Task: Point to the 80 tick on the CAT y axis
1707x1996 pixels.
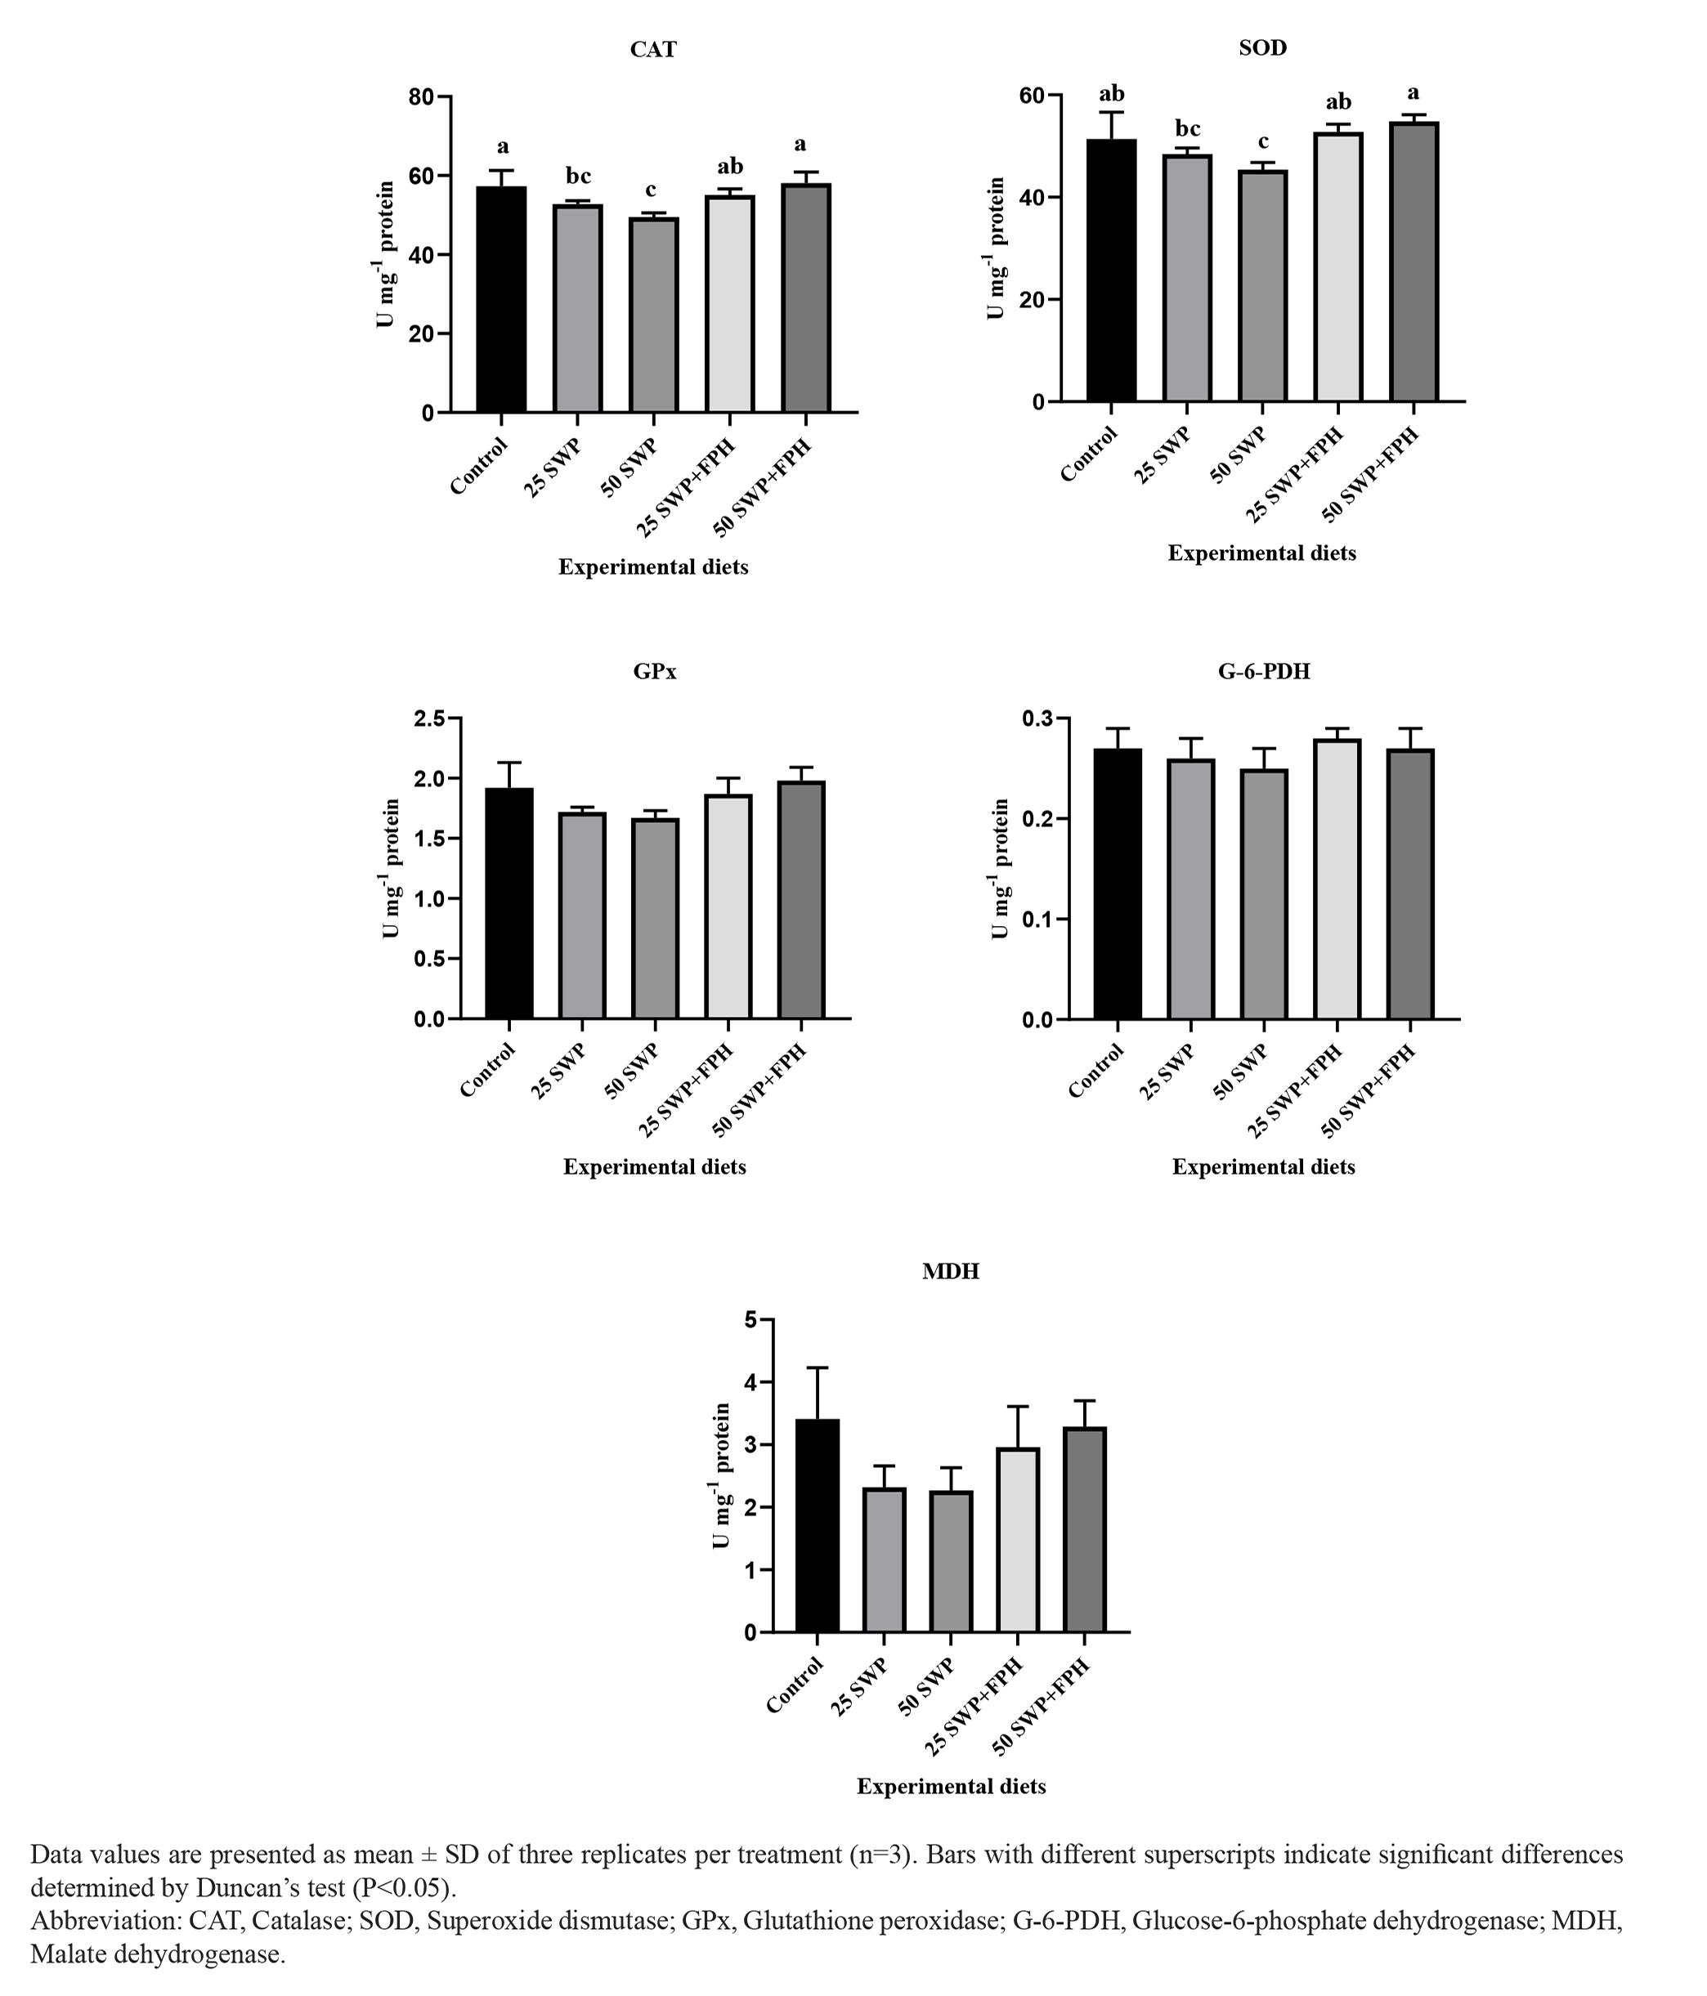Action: [x=421, y=97]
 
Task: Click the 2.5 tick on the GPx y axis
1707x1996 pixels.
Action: [x=430, y=718]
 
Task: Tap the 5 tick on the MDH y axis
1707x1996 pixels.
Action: [x=751, y=1320]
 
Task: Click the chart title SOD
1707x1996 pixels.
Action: [x=1262, y=48]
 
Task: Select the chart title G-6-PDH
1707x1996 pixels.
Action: [x=1264, y=671]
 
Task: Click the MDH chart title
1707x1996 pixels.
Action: [x=950, y=1272]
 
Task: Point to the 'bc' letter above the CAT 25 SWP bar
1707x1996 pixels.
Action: [x=578, y=177]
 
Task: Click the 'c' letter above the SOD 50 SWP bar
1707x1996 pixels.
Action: [x=1263, y=142]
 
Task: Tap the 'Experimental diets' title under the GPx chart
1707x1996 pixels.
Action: [x=654, y=1167]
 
